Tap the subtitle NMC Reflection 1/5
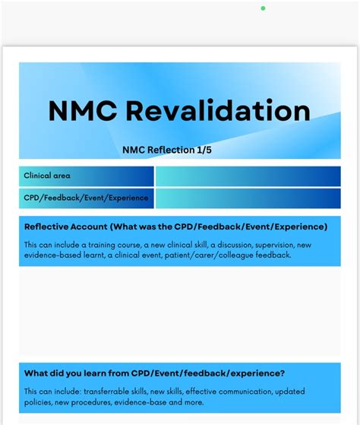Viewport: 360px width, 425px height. pos(167,151)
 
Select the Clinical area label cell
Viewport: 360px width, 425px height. pos(87,176)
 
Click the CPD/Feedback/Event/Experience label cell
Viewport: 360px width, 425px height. pos(87,198)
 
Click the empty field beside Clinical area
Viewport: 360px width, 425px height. pos(248,176)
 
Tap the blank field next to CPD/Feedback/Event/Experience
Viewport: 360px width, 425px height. pos(248,198)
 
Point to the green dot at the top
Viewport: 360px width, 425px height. pos(263,8)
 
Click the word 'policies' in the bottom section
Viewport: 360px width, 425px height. pos(38,401)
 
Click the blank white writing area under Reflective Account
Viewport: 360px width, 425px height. pos(180,312)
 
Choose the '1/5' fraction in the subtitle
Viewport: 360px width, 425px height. pos(203,151)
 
